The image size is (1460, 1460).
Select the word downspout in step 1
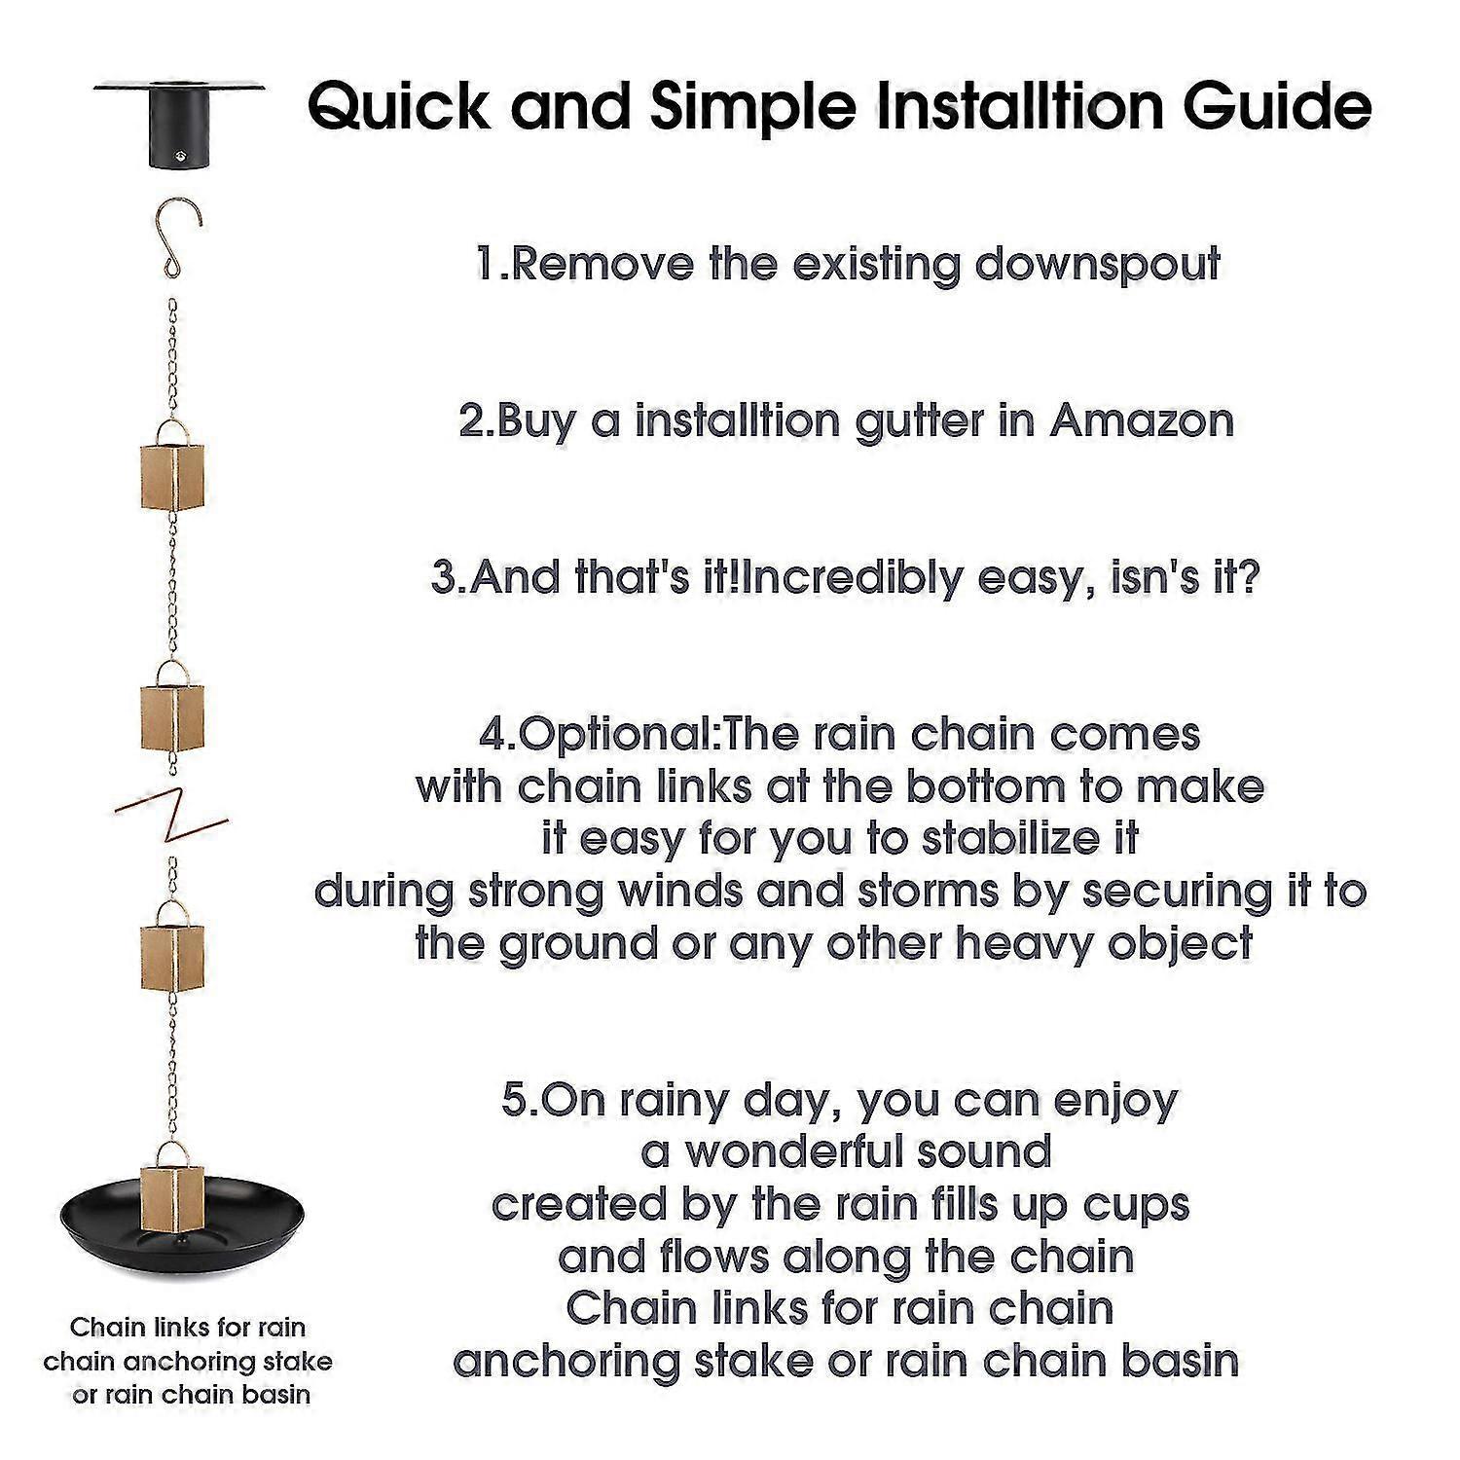[x=1098, y=265]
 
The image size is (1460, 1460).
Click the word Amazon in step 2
[x=1142, y=420]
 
